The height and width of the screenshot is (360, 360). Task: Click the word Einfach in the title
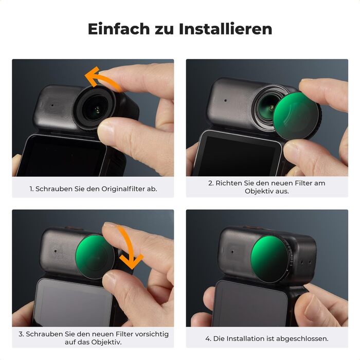pos(119,29)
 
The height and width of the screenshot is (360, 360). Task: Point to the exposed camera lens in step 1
pos(96,109)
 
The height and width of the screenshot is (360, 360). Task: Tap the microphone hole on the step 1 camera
pos(52,105)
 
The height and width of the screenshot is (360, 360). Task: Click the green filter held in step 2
pos(296,116)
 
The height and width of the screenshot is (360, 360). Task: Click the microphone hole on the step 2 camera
pos(225,100)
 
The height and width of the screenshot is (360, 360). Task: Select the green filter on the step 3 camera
pos(95,257)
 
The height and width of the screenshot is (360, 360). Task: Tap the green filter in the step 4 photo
pos(270,259)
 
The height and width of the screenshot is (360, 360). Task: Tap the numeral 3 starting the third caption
pos(21,334)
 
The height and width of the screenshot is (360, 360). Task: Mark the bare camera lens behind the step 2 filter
pos(267,105)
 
